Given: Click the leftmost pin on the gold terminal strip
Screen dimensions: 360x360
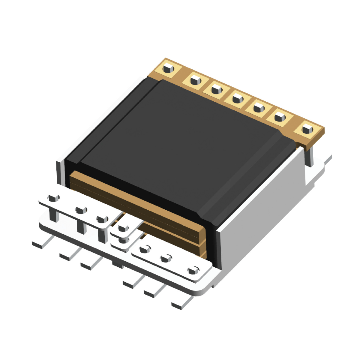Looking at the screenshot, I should point(168,68).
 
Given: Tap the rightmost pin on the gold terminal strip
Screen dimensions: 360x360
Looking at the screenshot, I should point(307,130).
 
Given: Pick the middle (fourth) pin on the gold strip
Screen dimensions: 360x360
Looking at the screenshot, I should point(237,97).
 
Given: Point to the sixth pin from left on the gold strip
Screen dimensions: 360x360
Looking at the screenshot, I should point(279,115).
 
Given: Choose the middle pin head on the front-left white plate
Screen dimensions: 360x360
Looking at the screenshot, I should point(80,210).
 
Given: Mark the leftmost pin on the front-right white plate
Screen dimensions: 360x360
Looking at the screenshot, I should point(144,249).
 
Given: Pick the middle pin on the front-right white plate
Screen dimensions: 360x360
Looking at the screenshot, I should point(166,258).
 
